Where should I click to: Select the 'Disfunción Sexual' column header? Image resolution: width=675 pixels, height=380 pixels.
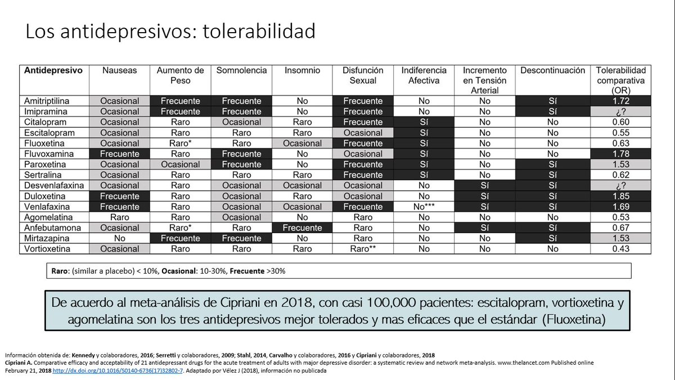(x=363, y=75)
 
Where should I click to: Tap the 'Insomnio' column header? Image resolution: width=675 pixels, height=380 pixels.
(x=302, y=71)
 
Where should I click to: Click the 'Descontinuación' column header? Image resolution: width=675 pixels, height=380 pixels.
(x=553, y=71)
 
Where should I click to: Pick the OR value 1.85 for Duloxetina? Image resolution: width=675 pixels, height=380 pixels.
(x=622, y=196)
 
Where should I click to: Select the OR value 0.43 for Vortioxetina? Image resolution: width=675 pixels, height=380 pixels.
(x=622, y=249)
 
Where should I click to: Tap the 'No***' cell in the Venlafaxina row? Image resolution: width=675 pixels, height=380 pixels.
(x=424, y=207)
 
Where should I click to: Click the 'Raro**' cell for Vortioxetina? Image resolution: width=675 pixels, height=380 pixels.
(x=363, y=249)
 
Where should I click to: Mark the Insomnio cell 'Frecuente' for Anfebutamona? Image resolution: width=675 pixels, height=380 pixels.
(x=302, y=228)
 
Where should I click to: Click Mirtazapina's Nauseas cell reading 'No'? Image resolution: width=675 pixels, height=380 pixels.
(x=119, y=239)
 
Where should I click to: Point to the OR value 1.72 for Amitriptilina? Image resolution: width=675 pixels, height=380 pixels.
(x=622, y=101)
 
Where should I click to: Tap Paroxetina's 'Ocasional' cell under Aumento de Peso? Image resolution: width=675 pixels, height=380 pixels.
(x=180, y=164)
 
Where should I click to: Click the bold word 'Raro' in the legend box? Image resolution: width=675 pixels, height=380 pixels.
(x=60, y=271)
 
